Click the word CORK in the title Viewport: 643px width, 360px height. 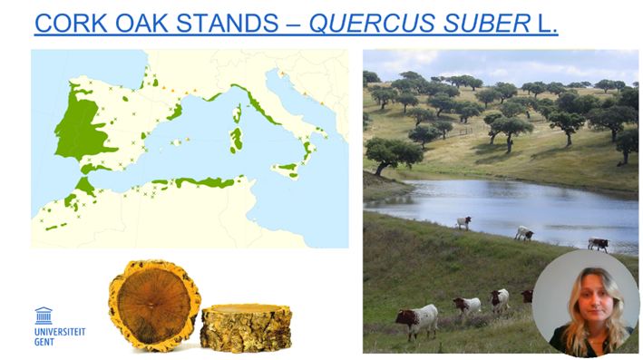pos(72,24)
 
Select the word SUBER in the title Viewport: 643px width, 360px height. pos(487,24)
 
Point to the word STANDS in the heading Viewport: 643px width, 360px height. pos(228,24)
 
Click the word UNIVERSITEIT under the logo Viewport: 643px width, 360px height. pos(60,332)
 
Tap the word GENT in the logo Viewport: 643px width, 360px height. pos(44,342)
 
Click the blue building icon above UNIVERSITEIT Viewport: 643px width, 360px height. pos(44,316)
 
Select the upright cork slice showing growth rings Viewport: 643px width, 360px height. pos(154,306)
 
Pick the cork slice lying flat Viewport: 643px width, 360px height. pos(246,326)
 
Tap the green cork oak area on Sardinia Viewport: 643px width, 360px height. pos(236,140)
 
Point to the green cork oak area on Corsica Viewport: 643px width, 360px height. pos(238,113)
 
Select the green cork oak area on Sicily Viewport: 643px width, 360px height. pos(287,169)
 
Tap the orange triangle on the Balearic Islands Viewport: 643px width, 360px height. pos(188,140)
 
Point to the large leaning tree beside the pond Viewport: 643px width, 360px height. pos(393,155)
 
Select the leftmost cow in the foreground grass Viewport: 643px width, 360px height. pos(417,321)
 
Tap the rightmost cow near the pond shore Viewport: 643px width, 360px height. pos(599,244)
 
